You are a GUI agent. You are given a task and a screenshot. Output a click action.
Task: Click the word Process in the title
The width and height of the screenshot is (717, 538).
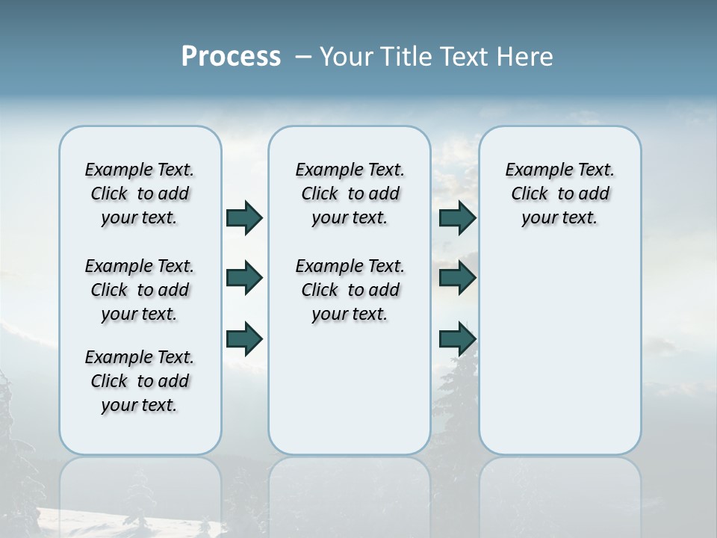pyautogui.click(x=231, y=57)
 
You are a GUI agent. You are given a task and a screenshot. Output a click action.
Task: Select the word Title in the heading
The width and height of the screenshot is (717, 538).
pyautogui.click(x=406, y=57)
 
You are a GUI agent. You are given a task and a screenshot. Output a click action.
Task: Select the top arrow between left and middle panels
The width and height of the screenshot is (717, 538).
pyautogui.click(x=244, y=217)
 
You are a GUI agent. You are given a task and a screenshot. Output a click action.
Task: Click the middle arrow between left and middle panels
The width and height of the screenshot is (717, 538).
pyautogui.click(x=244, y=278)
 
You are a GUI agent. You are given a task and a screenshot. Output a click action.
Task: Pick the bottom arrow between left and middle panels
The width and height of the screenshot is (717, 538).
pyautogui.click(x=244, y=338)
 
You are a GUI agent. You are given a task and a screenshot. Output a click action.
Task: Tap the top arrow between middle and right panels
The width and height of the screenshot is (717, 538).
pyautogui.click(x=457, y=217)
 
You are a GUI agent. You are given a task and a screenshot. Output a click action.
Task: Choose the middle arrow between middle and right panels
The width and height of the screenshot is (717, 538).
pyautogui.click(x=457, y=278)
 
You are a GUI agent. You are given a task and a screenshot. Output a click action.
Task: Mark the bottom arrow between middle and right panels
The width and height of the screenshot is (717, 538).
pyautogui.click(x=457, y=338)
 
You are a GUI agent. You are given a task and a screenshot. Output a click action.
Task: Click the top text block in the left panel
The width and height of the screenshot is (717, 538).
pyautogui.click(x=140, y=194)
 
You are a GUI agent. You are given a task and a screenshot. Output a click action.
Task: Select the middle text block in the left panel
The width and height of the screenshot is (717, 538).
pyautogui.click(x=140, y=290)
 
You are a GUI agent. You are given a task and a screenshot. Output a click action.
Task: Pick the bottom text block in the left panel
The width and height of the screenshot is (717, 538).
pyautogui.click(x=140, y=381)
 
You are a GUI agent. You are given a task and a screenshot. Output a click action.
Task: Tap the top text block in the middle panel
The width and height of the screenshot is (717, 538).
pyautogui.click(x=350, y=194)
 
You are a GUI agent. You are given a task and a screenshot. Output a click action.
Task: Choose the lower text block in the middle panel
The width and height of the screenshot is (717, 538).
pyautogui.click(x=350, y=290)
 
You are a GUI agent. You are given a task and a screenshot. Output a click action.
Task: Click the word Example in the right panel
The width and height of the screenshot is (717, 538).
pyautogui.click(x=534, y=170)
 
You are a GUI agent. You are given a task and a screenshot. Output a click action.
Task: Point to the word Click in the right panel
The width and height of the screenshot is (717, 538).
pyautogui.click(x=530, y=194)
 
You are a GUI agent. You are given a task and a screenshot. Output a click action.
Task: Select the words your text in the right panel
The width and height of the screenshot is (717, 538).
pyautogui.click(x=559, y=217)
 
